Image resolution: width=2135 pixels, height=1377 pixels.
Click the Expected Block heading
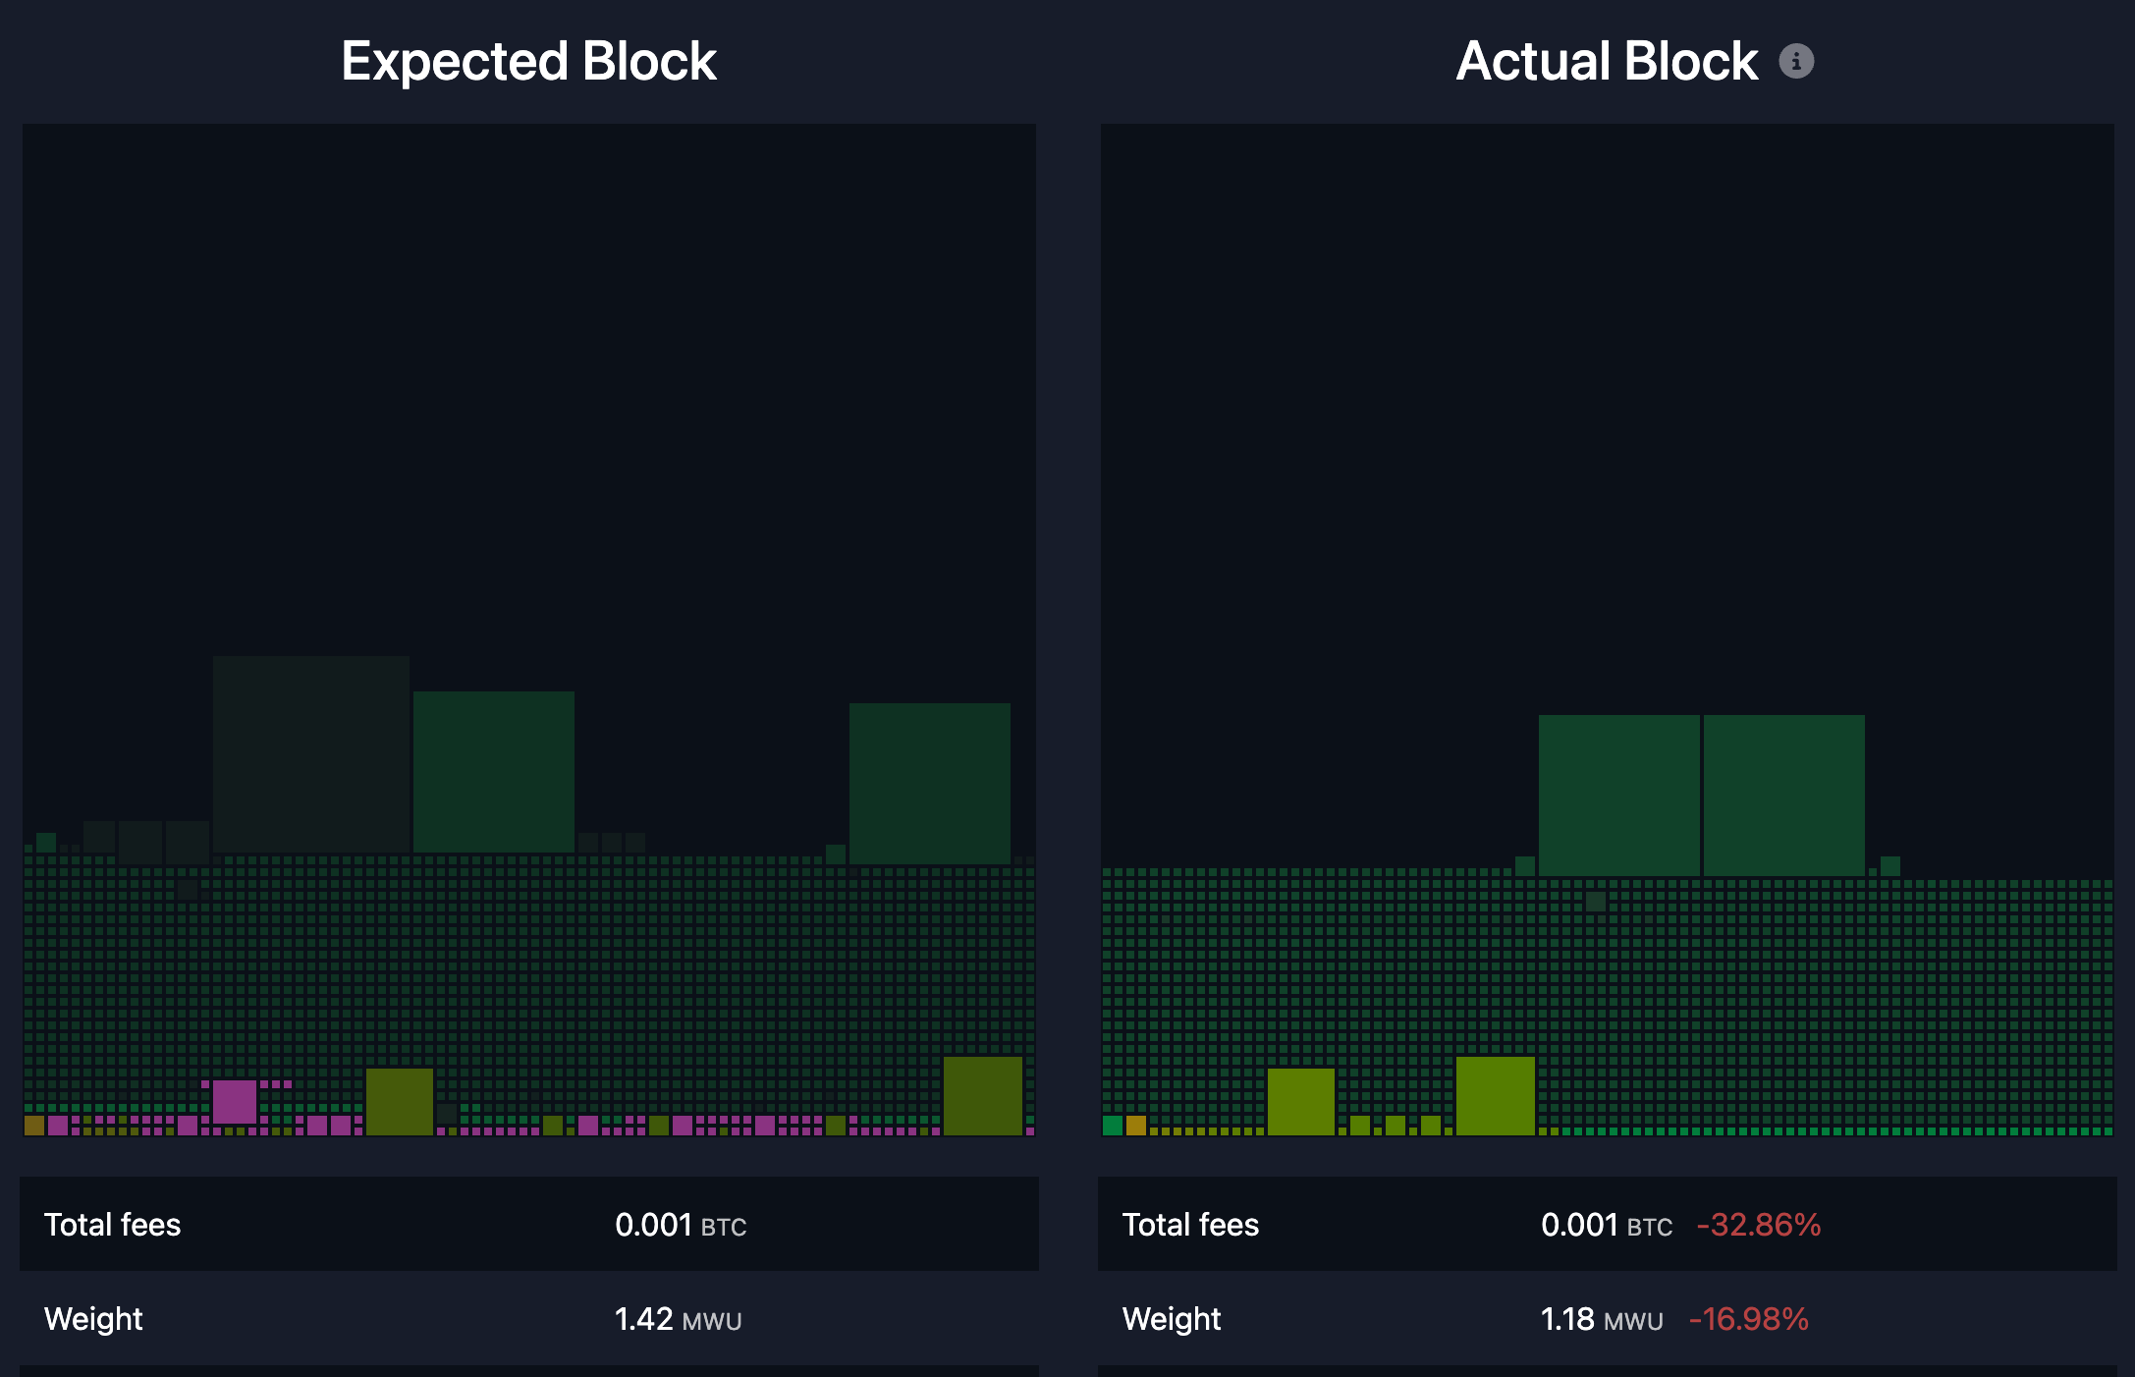click(x=528, y=61)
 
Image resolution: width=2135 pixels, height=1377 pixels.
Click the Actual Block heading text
click(x=1607, y=61)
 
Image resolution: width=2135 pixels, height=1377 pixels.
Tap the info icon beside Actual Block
click(x=1796, y=61)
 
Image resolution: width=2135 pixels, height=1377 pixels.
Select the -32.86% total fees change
click(x=1758, y=1225)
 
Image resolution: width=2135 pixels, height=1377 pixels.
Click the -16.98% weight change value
click(x=1748, y=1319)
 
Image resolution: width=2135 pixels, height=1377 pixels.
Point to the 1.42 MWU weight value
click(x=678, y=1319)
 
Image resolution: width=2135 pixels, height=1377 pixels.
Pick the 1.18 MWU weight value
click(x=1601, y=1319)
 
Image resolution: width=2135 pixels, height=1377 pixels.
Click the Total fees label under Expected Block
click(x=112, y=1225)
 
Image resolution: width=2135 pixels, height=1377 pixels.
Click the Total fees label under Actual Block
click(x=1190, y=1225)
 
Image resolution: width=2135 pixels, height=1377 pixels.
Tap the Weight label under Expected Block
click(x=93, y=1319)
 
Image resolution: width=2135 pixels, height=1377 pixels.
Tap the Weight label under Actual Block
click(x=1172, y=1319)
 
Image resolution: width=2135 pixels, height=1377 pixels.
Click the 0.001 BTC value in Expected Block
click(x=680, y=1225)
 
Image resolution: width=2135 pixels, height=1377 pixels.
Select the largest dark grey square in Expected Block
click(x=310, y=753)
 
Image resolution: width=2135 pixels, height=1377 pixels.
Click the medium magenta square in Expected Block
click(x=234, y=1101)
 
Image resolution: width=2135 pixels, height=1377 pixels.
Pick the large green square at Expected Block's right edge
click(x=929, y=783)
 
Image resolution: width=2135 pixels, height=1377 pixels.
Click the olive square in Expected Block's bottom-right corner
click(x=982, y=1095)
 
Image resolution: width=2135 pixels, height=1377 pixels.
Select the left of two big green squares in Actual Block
click(x=1618, y=795)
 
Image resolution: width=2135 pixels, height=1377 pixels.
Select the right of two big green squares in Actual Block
click(x=1783, y=795)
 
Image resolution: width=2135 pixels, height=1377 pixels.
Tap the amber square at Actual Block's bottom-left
click(x=1135, y=1125)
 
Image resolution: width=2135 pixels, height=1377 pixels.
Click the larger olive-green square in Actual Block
click(x=1495, y=1095)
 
